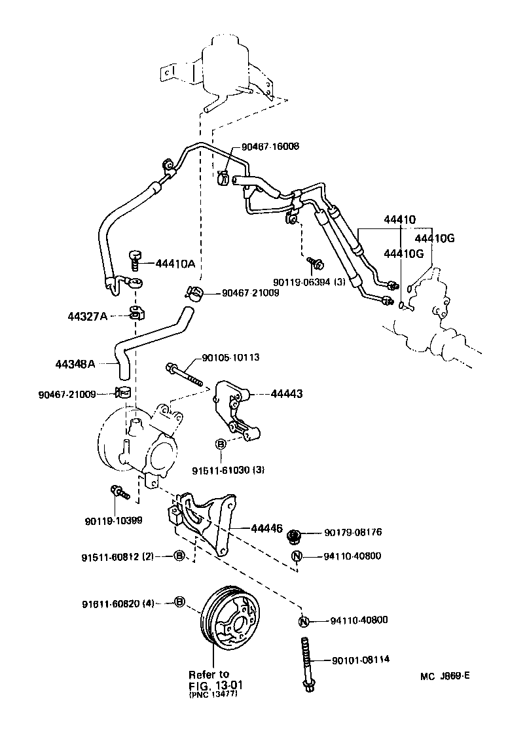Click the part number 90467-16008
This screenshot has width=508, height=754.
(270, 147)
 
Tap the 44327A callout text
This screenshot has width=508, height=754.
(87, 316)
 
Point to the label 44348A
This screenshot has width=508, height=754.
(76, 363)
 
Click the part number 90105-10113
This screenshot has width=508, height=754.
(231, 357)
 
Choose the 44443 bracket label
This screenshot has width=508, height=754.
(286, 394)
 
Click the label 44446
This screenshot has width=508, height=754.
(268, 528)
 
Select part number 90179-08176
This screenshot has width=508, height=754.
(353, 532)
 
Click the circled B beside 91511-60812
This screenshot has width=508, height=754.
(179, 556)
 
